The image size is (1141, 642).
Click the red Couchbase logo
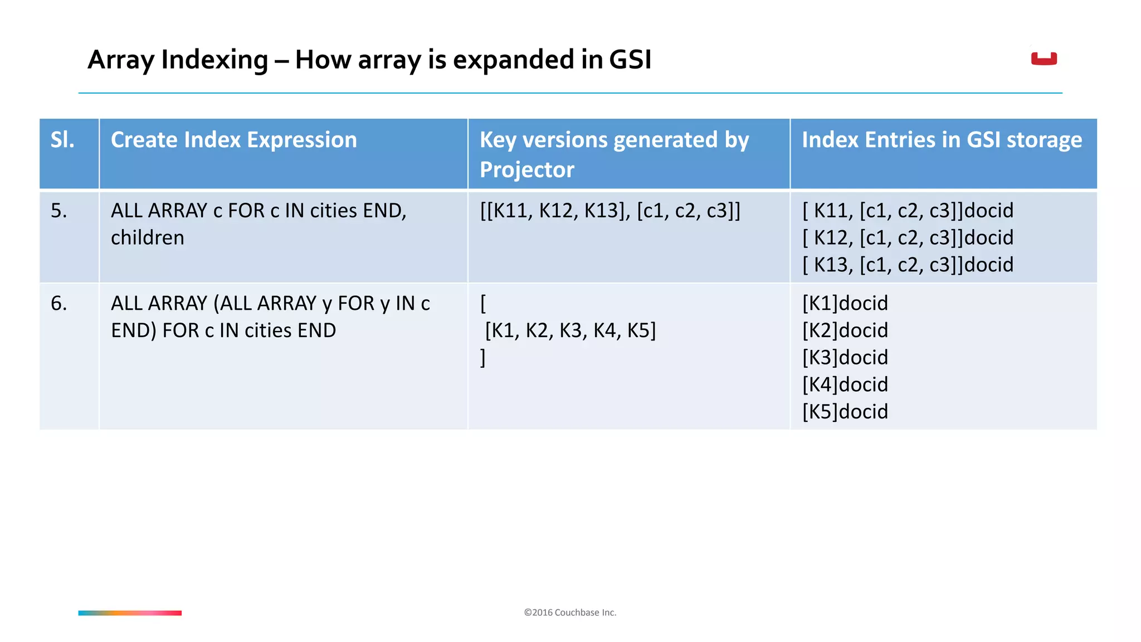(x=1044, y=59)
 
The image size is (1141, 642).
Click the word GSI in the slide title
(x=630, y=60)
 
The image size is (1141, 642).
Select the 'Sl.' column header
(x=62, y=140)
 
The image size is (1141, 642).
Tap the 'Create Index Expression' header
(x=233, y=140)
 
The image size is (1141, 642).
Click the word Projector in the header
(x=526, y=170)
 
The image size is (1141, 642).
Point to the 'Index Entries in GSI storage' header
(x=942, y=140)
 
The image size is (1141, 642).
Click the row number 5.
(x=58, y=211)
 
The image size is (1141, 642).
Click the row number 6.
(x=58, y=304)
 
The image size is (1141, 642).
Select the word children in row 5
(x=147, y=238)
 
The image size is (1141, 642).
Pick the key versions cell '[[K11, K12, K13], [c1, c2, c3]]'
(x=610, y=211)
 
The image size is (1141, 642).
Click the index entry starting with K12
(x=908, y=238)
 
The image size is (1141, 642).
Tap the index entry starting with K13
(x=908, y=265)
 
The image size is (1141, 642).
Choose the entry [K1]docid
(x=845, y=304)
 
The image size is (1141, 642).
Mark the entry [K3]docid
(x=845, y=358)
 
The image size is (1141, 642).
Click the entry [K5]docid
(x=845, y=412)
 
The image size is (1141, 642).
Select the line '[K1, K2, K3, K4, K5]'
(x=570, y=330)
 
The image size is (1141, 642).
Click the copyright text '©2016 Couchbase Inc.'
(x=570, y=612)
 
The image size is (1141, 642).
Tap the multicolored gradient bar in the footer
(x=130, y=613)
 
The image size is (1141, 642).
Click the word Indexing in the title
(x=214, y=60)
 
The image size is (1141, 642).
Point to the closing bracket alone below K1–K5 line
(x=483, y=358)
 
